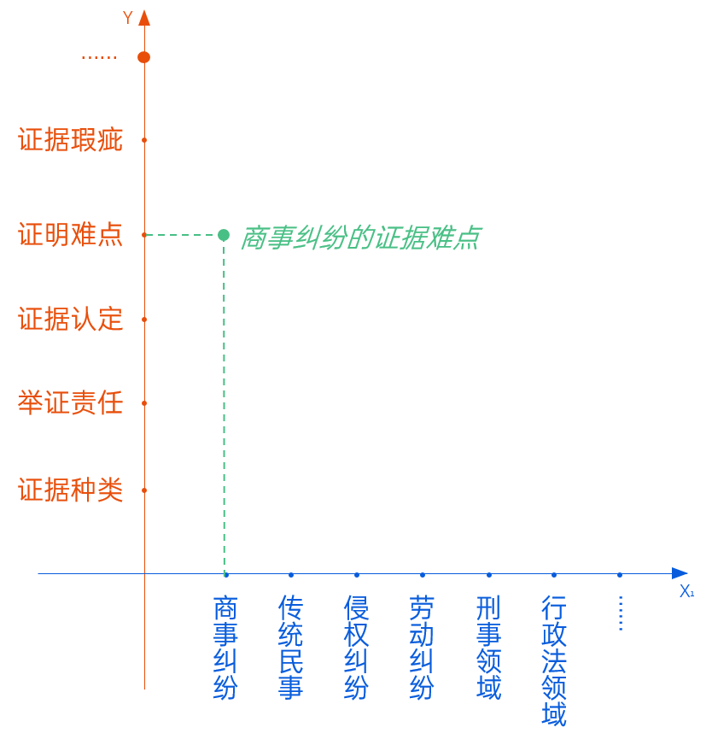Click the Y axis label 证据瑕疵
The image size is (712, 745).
click(71, 140)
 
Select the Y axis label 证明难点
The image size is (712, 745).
click(71, 234)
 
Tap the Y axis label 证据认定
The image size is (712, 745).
click(71, 320)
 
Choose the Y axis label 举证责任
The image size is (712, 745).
click(71, 403)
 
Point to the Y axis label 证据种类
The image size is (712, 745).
click(71, 490)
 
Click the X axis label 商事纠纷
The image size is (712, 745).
click(225, 648)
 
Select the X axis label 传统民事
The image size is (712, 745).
click(291, 648)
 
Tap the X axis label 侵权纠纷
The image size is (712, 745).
click(357, 648)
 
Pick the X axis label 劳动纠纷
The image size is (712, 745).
click(422, 648)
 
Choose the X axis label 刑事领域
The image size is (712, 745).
click(489, 648)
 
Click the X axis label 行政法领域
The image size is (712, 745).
click(554, 660)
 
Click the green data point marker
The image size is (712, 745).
click(224, 235)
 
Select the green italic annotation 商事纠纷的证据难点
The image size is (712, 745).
click(359, 238)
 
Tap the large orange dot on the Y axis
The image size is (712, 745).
click(143, 57)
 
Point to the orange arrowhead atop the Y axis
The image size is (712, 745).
click(144, 18)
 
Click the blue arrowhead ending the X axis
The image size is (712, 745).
click(680, 573)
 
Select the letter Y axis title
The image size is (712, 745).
click(128, 18)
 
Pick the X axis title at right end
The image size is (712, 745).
click(686, 591)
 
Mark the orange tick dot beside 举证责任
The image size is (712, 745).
click(144, 403)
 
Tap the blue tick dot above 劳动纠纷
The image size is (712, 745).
click(423, 575)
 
